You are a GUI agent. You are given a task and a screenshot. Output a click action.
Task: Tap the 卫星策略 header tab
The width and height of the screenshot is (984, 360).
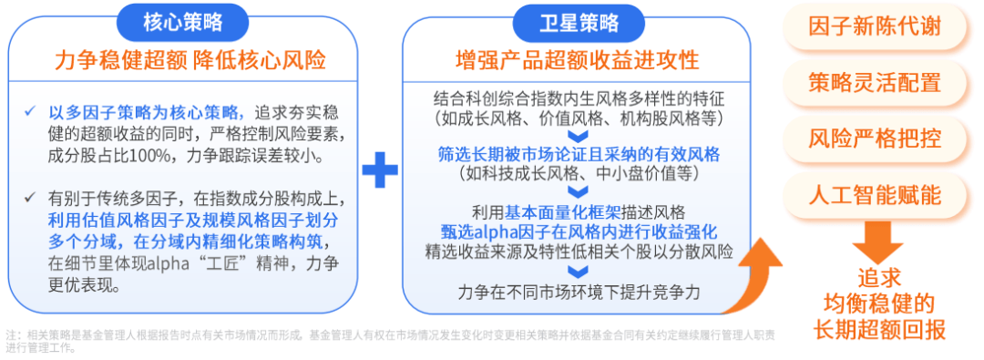coord(578,21)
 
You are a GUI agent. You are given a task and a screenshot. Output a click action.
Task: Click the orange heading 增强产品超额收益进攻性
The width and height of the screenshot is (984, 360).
coord(577,61)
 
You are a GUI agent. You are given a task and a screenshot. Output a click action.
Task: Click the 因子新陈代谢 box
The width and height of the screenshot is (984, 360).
coord(875,26)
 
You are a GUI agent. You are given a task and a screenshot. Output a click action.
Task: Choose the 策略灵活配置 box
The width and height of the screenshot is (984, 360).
coord(875,83)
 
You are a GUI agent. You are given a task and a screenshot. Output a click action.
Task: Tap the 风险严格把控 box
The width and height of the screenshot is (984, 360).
coord(875,139)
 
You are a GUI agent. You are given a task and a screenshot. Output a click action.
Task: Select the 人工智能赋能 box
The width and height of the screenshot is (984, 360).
coord(875,196)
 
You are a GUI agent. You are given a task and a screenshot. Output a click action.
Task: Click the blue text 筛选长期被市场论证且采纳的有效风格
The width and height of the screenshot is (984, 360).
coord(578,154)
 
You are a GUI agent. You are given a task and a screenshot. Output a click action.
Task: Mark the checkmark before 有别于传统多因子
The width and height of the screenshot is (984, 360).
coord(31,196)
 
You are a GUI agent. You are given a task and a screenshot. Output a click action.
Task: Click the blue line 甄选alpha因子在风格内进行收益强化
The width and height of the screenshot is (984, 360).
coord(578,229)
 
